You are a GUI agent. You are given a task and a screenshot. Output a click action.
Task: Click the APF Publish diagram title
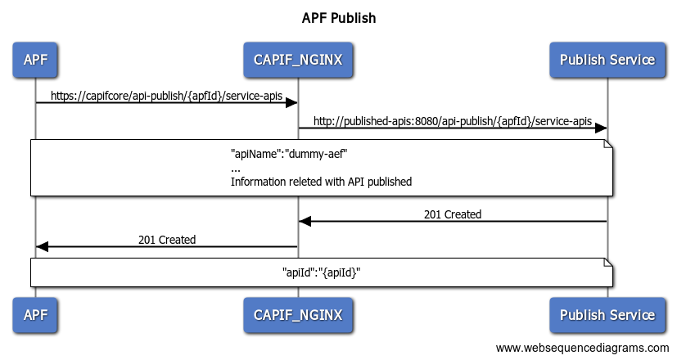(338, 17)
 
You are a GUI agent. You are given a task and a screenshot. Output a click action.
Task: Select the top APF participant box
(35, 60)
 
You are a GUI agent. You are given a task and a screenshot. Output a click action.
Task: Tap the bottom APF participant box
(35, 315)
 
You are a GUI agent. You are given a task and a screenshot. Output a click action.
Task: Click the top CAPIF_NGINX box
(297, 60)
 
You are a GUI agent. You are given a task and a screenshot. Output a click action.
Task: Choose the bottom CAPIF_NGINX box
(297, 315)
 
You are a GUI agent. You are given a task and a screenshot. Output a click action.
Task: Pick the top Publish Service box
(607, 60)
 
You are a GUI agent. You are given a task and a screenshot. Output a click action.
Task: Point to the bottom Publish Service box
(607, 315)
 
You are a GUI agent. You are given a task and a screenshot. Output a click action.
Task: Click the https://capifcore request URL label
(166, 96)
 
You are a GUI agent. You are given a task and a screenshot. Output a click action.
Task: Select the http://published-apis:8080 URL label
(452, 121)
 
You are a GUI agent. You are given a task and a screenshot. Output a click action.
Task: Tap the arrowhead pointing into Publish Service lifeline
(600, 128)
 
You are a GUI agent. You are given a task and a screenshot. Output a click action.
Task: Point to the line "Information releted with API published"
(321, 182)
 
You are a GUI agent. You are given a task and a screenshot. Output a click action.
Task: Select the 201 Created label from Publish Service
(452, 214)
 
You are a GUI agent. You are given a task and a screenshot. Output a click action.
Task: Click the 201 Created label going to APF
(166, 240)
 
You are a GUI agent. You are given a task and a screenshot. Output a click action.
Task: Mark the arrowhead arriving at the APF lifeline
(43, 246)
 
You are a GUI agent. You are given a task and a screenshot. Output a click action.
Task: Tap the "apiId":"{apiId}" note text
(321, 273)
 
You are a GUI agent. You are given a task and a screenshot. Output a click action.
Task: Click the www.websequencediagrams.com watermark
(582, 348)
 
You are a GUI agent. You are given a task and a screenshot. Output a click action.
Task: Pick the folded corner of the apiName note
(609, 145)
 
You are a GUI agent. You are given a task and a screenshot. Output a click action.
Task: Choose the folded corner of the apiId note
(609, 263)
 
